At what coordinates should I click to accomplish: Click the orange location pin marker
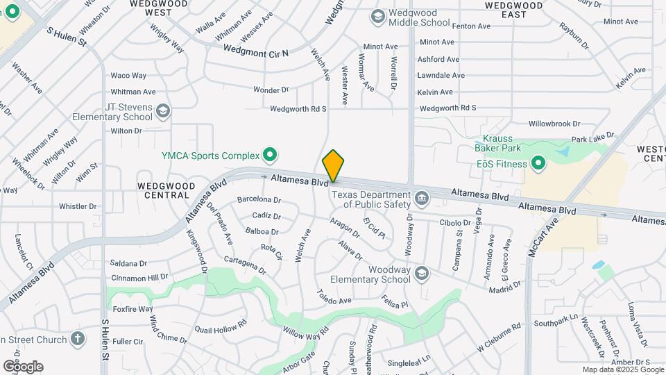pos(333,166)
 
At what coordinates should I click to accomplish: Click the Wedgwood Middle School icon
pos(378,16)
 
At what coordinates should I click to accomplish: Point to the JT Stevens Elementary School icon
pos(162,111)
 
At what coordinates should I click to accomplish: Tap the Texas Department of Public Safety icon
pos(421,200)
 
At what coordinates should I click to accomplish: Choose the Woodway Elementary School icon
pos(421,274)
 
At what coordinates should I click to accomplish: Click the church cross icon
pos(78,340)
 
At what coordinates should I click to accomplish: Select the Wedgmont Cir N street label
pos(256,51)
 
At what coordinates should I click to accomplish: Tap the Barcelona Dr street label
pos(259,200)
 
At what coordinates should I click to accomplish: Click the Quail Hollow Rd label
pos(221,327)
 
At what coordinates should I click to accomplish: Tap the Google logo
pos(23,366)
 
